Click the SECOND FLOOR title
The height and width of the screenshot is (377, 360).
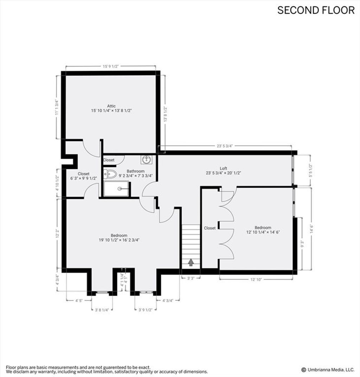tap(316, 10)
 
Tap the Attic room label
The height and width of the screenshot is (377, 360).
tap(111, 106)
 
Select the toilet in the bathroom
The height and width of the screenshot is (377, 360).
tap(110, 174)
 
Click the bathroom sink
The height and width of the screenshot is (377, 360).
tap(146, 159)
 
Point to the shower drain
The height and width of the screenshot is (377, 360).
tap(120, 189)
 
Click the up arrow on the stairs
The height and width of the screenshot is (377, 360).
tap(191, 262)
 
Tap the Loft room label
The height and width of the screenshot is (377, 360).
tap(223, 168)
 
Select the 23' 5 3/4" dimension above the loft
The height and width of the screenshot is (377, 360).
tap(224, 146)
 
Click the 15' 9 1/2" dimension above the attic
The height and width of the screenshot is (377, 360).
tap(111, 66)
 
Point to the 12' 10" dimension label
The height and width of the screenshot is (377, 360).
tap(256, 280)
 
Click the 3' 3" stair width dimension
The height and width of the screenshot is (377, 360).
tap(191, 278)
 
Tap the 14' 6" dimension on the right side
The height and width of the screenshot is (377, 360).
tap(312, 229)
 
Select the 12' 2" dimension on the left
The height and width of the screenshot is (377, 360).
tap(57, 233)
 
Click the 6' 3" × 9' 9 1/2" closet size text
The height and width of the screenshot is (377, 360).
tap(84, 178)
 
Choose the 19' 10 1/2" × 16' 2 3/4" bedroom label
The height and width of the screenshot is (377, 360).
tap(119, 240)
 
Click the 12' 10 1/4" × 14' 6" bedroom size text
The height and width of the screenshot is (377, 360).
tap(263, 232)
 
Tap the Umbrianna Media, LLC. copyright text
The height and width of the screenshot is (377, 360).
tap(328, 370)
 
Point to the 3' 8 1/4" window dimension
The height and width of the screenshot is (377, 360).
tap(102, 310)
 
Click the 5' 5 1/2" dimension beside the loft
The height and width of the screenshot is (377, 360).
tap(310, 170)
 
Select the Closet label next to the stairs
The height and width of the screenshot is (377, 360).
tap(210, 228)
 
